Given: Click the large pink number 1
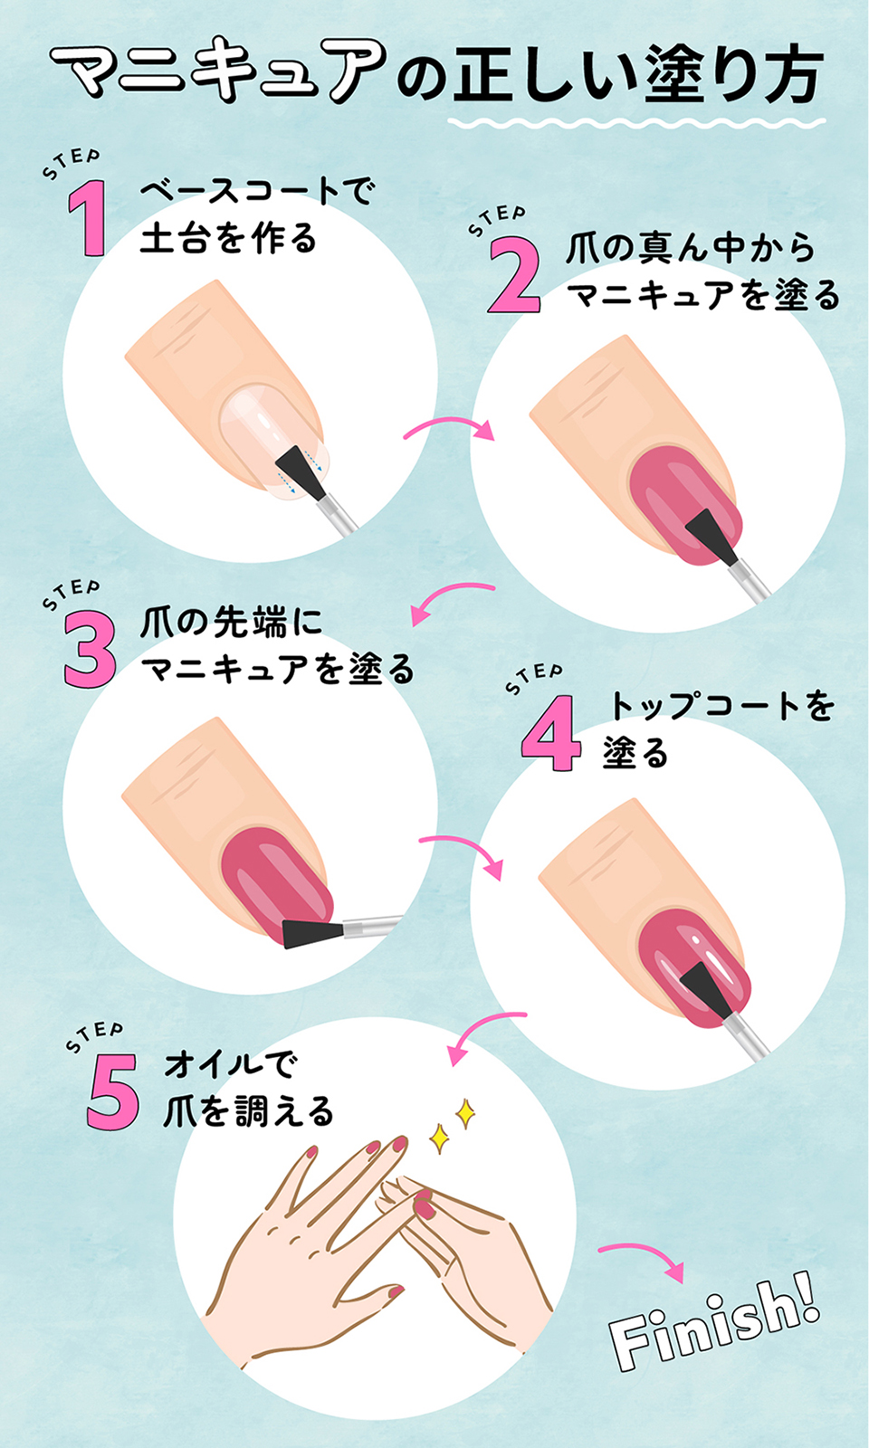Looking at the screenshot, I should click(89, 218).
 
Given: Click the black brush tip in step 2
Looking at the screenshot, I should click(711, 534).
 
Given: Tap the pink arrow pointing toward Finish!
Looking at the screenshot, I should click(642, 1258).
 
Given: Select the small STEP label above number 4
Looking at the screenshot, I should click(534, 678).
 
